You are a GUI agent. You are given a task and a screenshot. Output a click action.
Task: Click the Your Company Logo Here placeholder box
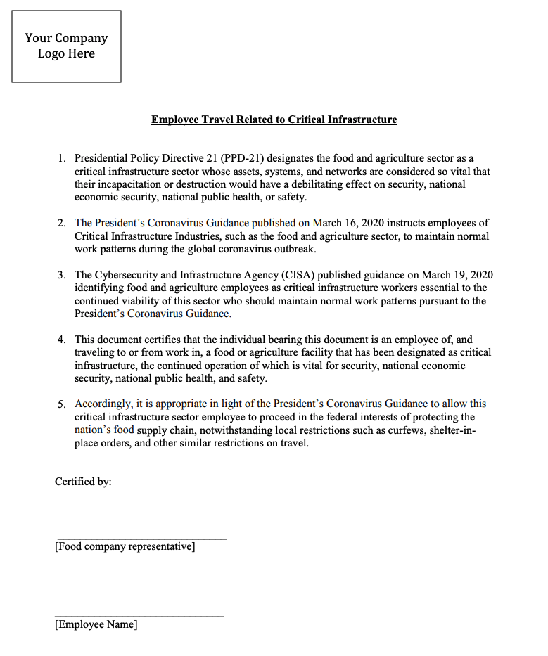[66, 46]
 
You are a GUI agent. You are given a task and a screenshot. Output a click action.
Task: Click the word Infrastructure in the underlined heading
[362, 120]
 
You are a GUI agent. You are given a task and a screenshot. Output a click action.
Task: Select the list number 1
[61, 159]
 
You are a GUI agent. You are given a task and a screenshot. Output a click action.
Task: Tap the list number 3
[61, 275]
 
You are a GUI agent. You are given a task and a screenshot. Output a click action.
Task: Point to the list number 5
[61, 404]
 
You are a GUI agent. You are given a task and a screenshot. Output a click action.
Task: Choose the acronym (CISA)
[293, 275]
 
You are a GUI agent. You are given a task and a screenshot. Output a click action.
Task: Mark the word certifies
[161, 340]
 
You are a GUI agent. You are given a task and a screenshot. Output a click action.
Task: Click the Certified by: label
[83, 482]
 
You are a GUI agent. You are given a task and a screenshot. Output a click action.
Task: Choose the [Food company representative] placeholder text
[125, 546]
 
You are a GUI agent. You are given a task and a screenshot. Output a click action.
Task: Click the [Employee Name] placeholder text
[96, 624]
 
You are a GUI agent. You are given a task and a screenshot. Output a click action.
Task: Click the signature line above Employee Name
[139, 616]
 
